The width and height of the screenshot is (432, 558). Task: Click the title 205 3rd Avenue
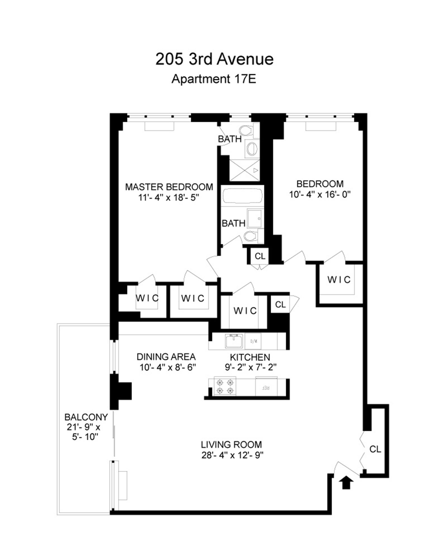(x=214, y=59)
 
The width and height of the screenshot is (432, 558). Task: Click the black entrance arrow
(x=346, y=482)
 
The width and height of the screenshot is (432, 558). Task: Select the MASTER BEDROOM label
(x=169, y=187)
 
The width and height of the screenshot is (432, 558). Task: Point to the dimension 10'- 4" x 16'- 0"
(x=320, y=195)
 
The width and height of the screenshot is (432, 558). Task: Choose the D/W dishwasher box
(x=253, y=341)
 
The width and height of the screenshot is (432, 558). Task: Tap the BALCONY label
(x=86, y=417)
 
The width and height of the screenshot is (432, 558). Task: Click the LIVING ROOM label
(x=231, y=445)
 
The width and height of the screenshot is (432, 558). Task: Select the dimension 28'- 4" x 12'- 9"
(x=232, y=456)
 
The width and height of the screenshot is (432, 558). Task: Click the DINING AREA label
(x=166, y=356)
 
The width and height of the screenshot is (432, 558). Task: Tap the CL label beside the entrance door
(x=375, y=449)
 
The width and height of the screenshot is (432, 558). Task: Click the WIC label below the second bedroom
(x=339, y=280)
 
